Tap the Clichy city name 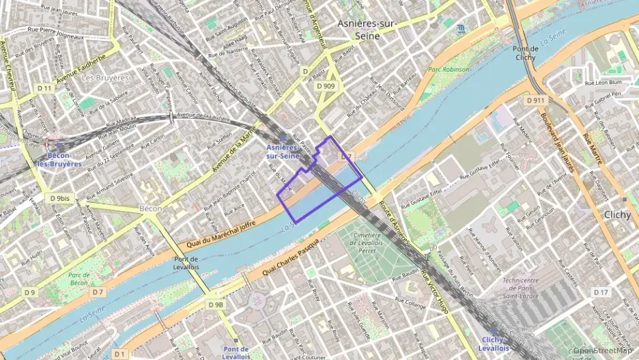(621, 214)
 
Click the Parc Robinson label (449, 70)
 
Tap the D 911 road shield (536, 100)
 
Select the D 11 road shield (45, 88)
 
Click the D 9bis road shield (59, 198)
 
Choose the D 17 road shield (601, 292)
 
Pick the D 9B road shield (216, 305)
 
